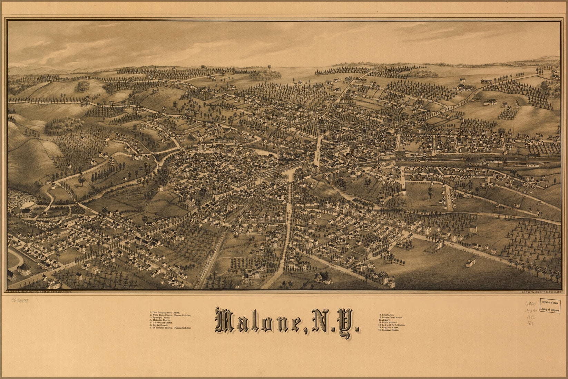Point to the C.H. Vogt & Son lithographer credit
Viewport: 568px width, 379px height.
coord(540,292)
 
